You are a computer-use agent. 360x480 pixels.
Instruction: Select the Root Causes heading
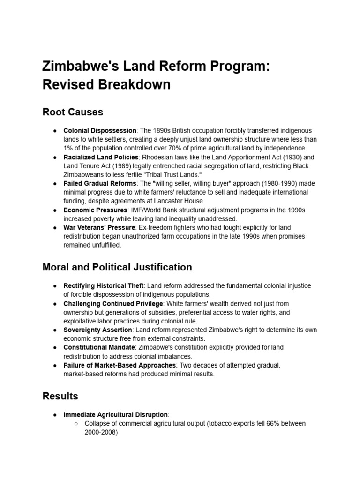point(73,112)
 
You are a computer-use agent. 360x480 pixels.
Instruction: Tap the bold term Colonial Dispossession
point(100,130)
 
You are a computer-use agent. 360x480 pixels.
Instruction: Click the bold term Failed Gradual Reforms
point(100,183)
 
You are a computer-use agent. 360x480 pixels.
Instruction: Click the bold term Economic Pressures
point(95,210)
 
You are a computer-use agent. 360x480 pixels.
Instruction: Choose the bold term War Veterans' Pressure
point(98,227)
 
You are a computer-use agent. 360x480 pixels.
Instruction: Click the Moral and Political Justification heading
point(117,267)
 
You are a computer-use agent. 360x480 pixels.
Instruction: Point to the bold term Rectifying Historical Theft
point(104,285)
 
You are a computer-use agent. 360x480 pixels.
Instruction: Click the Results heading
point(60,396)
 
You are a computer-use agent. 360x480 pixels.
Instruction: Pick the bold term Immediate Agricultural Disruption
point(115,414)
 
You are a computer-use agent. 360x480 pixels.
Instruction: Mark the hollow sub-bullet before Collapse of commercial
point(76,423)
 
